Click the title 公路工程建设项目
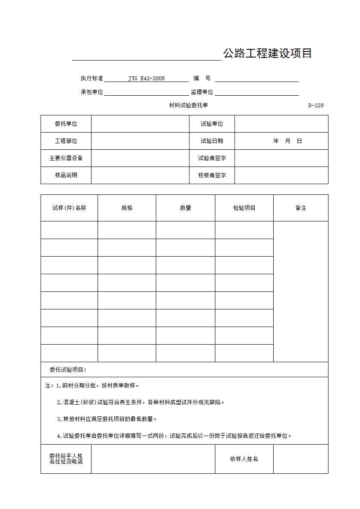pyautogui.click(x=267, y=54)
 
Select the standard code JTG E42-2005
pyautogui.click(x=146, y=79)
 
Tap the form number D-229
pyautogui.click(x=316, y=106)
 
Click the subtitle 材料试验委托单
pyautogui.click(x=188, y=106)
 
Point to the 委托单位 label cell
pyautogui.click(x=66, y=124)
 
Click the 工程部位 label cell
pyautogui.click(x=66, y=141)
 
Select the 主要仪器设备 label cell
pyautogui.click(x=66, y=158)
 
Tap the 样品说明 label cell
pyautogui.click(x=66, y=175)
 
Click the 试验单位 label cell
pyautogui.click(x=212, y=124)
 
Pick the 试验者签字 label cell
pyautogui.click(x=212, y=158)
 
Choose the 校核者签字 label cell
pyautogui.click(x=212, y=175)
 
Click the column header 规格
pyautogui.click(x=127, y=208)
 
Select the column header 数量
pyautogui.click(x=186, y=208)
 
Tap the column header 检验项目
pyautogui.click(x=244, y=208)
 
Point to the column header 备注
pyautogui.click(x=301, y=208)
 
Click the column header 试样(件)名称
pyautogui.click(x=69, y=208)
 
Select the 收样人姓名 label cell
pyautogui.click(x=244, y=459)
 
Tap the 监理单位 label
pyautogui.click(x=202, y=92)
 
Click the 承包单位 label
pyautogui.click(x=92, y=92)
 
